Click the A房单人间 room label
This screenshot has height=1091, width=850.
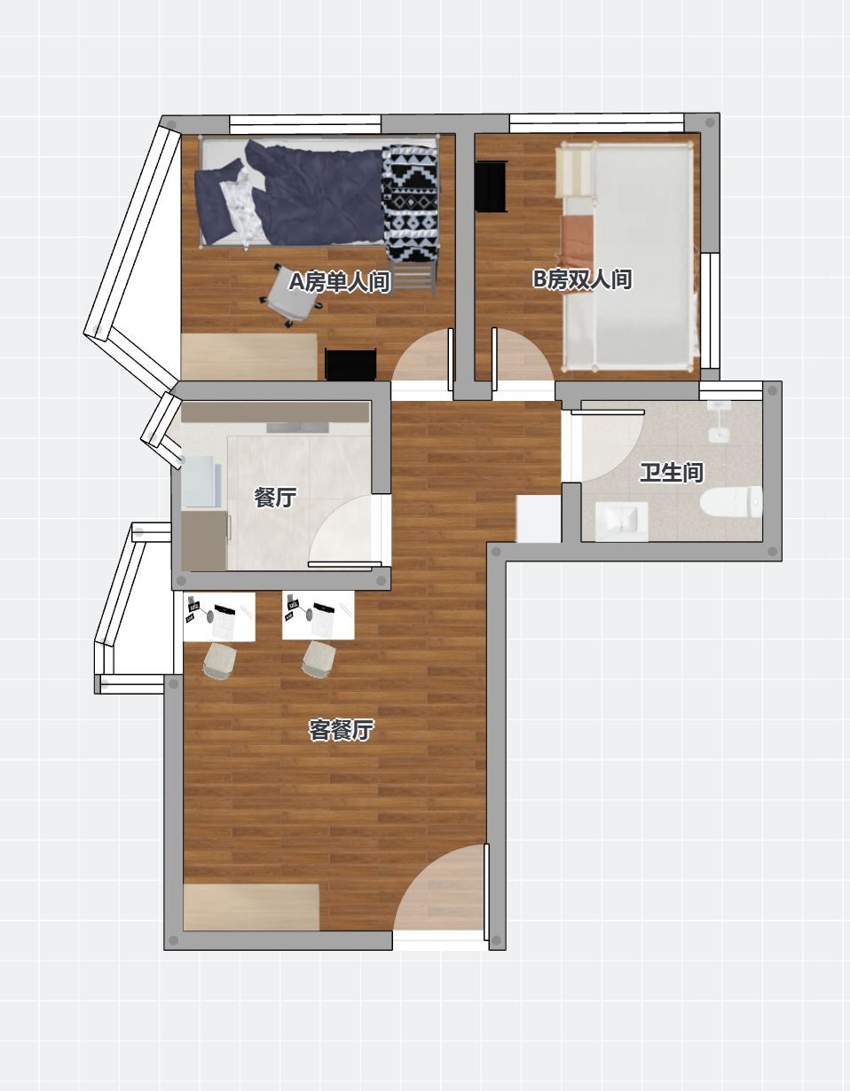(x=340, y=282)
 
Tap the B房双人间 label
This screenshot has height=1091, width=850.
(x=582, y=279)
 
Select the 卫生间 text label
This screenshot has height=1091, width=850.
(x=672, y=473)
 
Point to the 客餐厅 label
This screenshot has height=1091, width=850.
(x=341, y=730)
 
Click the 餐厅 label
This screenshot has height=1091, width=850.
(x=275, y=498)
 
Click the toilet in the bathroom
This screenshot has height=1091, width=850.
(x=731, y=503)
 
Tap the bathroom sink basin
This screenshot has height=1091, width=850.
(x=622, y=522)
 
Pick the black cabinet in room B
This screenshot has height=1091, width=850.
(x=491, y=186)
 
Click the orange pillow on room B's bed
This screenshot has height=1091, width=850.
(x=578, y=241)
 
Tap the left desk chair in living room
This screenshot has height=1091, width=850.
(x=219, y=660)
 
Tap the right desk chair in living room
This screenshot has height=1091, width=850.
(x=319, y=660)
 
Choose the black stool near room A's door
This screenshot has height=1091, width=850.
(x=350, y=364)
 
